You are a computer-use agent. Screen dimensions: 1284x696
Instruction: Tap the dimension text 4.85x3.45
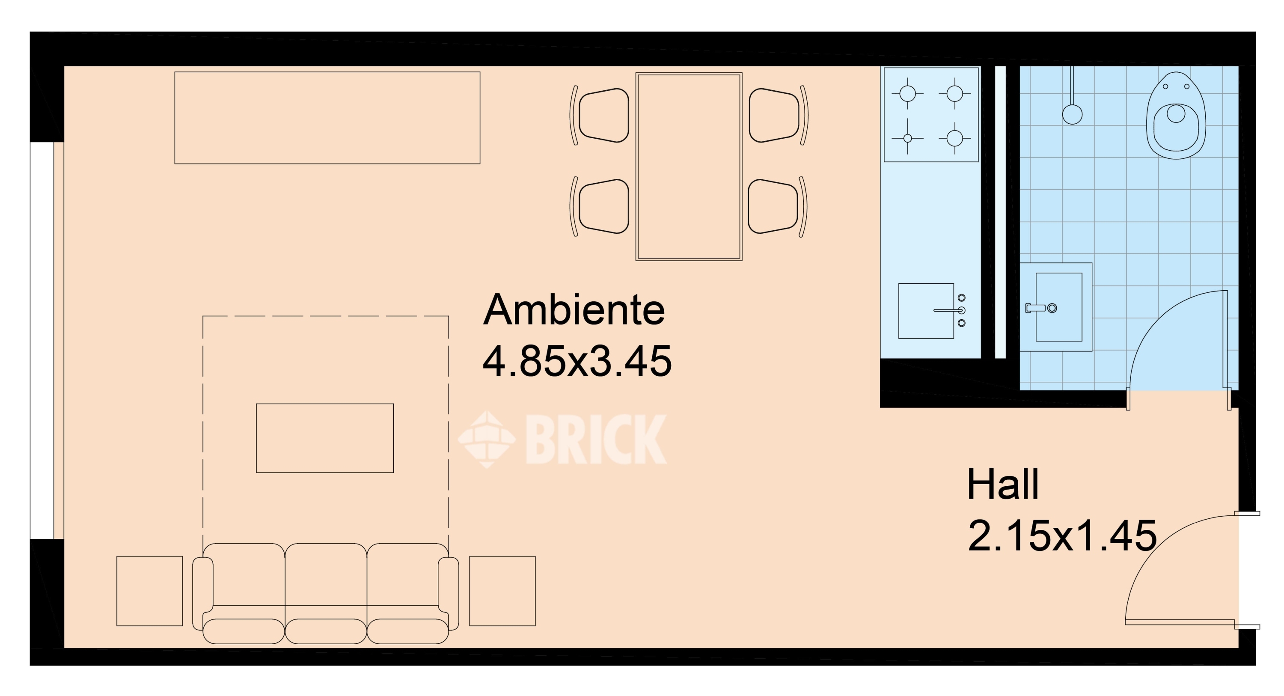click(x=577, y=361)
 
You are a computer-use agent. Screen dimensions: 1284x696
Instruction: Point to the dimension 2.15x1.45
click(x=1062, y=535)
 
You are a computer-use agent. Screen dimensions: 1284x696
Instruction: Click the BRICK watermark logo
click(x=562, y=439)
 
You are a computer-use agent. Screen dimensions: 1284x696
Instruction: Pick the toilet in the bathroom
click(x=1176, y=116)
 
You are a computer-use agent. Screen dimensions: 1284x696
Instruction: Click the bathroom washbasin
click(x=1056, y=307)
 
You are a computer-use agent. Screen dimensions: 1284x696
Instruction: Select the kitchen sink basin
click(x=926, y=311)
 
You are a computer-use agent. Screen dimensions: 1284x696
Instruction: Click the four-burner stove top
click(x=931, y=115)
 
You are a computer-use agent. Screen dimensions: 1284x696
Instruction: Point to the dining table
click(x=689, y=167)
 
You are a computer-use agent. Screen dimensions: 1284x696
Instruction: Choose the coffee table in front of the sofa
click(x=325, y=438)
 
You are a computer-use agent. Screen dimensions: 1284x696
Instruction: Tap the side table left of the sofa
click(x=149, y=591)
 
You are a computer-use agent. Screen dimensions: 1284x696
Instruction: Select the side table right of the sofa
click(x=502, y=591)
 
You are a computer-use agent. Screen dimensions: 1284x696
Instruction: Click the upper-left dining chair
click(x=600, y=115)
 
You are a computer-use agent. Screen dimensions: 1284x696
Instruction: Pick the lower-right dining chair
click(x=778, y=206)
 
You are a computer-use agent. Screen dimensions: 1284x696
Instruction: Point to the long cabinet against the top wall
click(x=327, y=118)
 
